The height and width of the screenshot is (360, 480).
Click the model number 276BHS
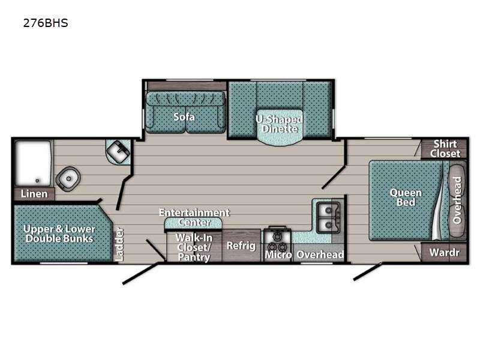(46, 23)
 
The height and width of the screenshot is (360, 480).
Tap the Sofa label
(184, 116)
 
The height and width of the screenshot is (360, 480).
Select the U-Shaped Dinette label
(279, 124)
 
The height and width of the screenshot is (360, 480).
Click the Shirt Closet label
(445, 149)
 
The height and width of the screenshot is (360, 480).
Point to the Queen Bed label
(406, 197)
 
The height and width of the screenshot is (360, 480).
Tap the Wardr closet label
(445, 253)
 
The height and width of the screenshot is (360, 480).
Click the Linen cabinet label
(34, 194)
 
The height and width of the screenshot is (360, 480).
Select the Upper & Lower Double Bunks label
(59, 234)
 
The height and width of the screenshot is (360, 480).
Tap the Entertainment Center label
(194, 217)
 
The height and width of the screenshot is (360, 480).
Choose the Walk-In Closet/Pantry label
(194, 247)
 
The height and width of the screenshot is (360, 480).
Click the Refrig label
(241, 245)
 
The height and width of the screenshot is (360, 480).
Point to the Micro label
(278, 254)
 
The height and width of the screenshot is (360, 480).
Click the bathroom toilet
(68, 178)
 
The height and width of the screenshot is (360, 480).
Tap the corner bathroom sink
(118, 152)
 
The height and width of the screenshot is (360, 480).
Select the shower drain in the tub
(37, 181)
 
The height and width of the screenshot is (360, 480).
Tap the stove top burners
(277, 242)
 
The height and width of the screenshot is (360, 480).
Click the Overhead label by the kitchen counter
(320, 254)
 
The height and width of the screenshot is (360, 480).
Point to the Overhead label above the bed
(457, 200)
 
